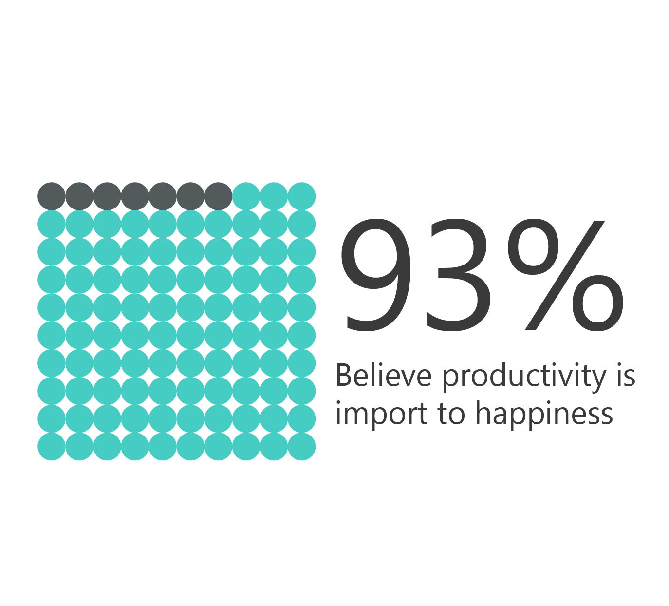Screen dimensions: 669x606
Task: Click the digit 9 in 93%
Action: coord(375,275)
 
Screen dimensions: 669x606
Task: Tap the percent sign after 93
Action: coord(565,275)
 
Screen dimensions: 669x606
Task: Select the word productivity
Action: coord(523,378)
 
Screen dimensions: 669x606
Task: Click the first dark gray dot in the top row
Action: coord(51,196)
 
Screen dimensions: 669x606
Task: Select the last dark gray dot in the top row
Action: coord(218,196)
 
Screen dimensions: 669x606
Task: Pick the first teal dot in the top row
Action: coord(246,196)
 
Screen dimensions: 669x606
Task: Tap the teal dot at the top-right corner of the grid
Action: coord(301,196)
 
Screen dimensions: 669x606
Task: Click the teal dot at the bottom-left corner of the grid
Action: coord(51,447)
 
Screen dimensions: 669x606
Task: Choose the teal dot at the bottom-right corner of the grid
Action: coord(301,447)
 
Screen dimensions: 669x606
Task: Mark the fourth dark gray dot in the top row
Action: coord(135,196)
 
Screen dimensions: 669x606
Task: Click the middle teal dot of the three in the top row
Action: coord(274,196)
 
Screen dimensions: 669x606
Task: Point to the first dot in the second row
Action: coord(51,224)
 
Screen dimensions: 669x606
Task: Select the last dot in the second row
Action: coord(301,224)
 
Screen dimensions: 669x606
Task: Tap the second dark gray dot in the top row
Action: coord(79,196)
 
